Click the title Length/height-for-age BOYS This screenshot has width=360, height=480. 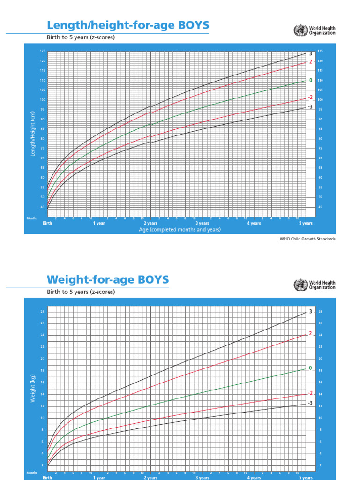tap(128, 25)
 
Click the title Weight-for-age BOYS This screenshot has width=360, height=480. tap(107, 280)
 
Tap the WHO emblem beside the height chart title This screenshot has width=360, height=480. tap(299, 31)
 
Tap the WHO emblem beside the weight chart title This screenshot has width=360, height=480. tap(299, 285)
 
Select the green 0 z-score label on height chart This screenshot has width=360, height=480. tap(310, 81)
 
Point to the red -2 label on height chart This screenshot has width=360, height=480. tap(310, 97)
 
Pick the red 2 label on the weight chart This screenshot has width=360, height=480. tap(310, 334)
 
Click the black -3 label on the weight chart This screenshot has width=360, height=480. tap(310, 403)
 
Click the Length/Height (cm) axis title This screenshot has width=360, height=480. tap(33, 134)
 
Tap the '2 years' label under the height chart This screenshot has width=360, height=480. tap(150, 224)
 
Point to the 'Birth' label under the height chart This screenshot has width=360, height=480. tap(47, 224)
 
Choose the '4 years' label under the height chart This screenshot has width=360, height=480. tap(254, 224)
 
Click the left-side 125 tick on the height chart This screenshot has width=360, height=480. tap(43, 51)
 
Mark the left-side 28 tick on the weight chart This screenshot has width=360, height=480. tap(43, 312)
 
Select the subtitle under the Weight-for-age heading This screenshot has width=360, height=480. tap(81, 292)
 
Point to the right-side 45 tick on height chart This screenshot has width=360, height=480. tap(320, 207)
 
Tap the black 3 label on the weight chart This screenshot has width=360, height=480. tap(310, 312)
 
